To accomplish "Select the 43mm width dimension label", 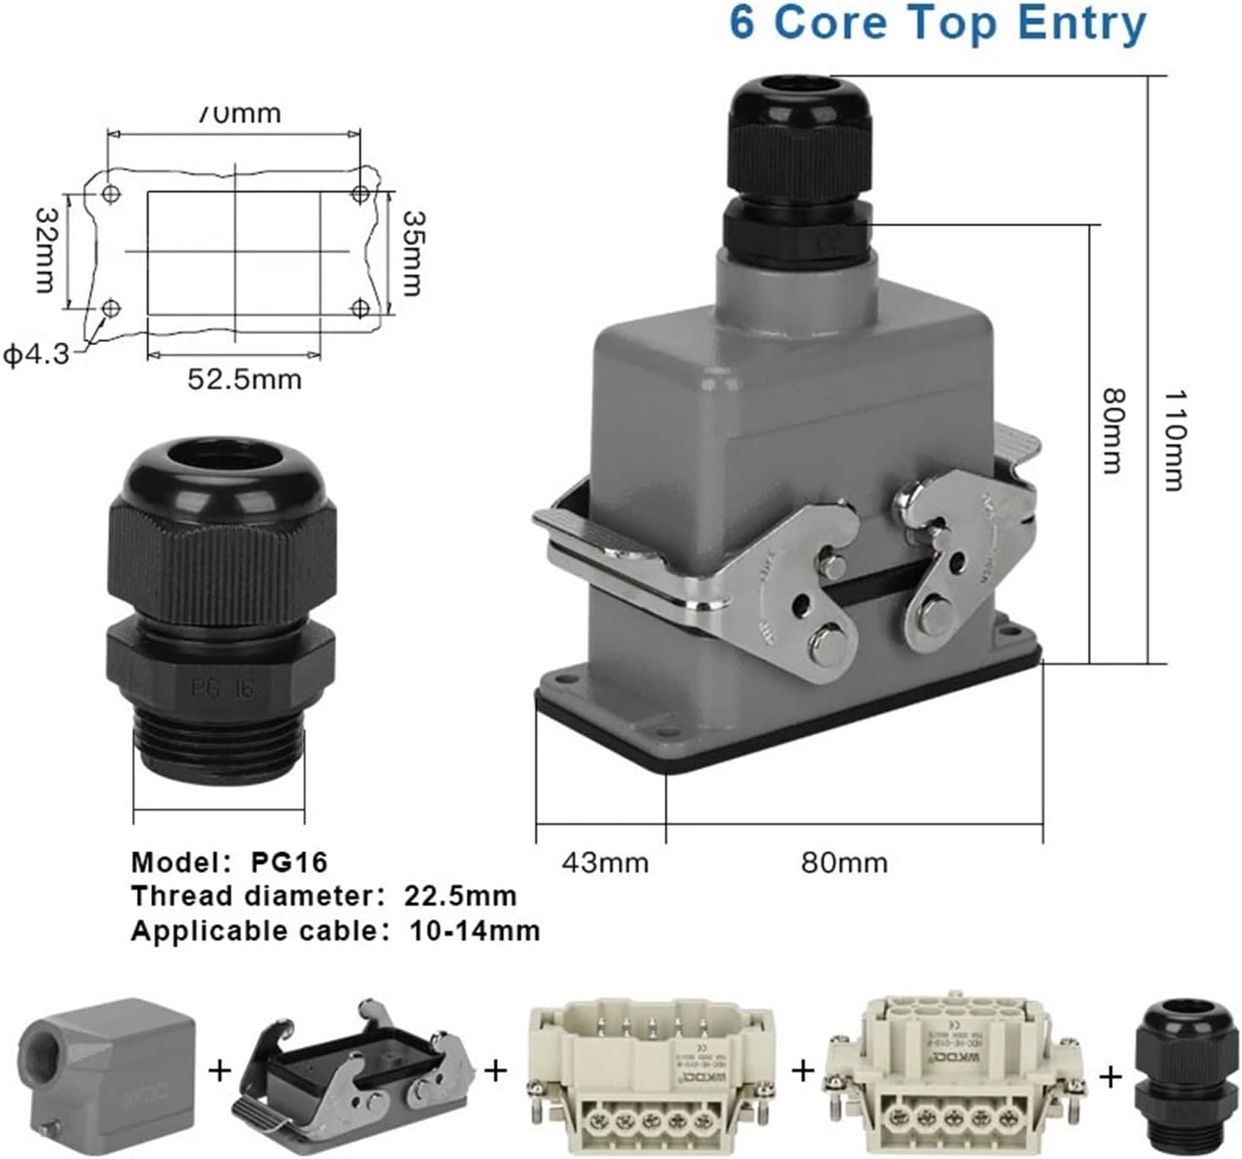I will point(605,863).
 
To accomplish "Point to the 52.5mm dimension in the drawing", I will point(243,379).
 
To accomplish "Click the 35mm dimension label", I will point(412,253).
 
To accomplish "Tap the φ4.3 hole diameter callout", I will point(36,354).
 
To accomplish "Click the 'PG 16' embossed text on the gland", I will point(222,689).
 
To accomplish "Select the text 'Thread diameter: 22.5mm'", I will point(323,896).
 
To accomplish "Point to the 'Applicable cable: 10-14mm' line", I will point(335,932).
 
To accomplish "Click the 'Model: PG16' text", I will point(228,862).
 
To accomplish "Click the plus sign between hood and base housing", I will point(220,1071).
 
